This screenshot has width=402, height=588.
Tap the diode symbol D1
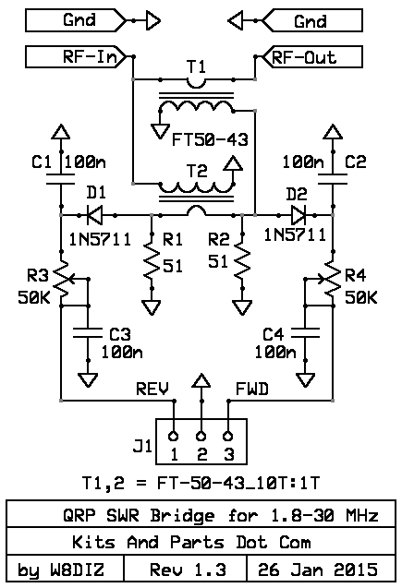click(94, 215)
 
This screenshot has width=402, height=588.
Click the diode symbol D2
click(298, 215)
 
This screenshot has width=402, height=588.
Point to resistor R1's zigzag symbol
click(152, 261)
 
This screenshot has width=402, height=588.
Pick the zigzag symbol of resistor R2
click(242, 261)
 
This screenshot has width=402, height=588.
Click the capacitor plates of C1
click(60, 179)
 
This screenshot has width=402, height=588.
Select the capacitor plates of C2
click(333, 179)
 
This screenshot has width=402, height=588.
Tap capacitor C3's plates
click(88, 332)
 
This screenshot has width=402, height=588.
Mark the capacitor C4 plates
click(305, 332)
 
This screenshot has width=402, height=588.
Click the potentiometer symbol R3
click(64, 282)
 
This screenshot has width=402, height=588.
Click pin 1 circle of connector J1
click(174, 436)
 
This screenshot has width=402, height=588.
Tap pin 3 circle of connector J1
click(228, 436)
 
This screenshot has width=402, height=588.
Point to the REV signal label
click(152, 390)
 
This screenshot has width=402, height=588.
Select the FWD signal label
click(252, 390)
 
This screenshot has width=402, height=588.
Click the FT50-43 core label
click(210, 140)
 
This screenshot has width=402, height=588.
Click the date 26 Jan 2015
click(318, 570)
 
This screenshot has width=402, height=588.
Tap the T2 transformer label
click(197, 172)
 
